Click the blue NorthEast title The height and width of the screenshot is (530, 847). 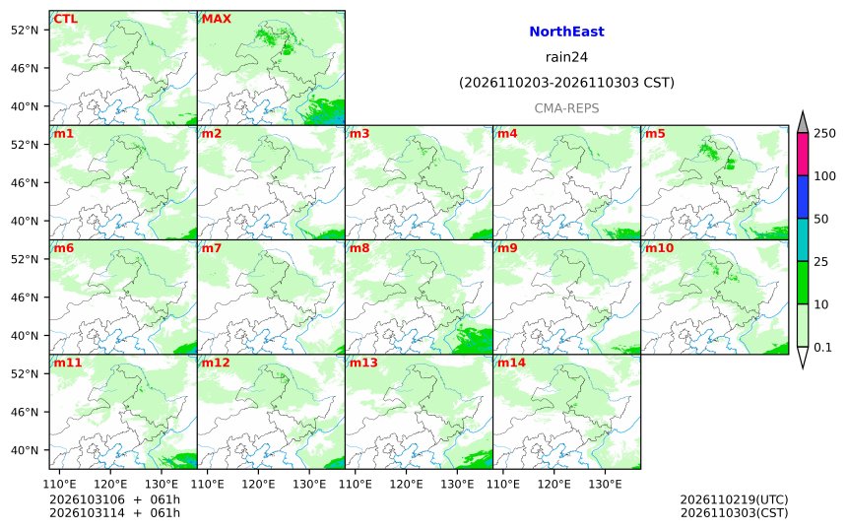(566, 32)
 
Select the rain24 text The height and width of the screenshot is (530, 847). (566, 57)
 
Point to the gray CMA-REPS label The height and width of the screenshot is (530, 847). (566, 108)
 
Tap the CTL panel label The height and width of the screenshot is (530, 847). (65, 19)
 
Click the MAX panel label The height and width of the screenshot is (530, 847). (216, 19)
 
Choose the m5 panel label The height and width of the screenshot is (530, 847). (655, 133)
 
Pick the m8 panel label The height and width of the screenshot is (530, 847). (359, 248)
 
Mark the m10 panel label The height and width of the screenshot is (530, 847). (660, 248)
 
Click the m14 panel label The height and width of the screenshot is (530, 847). (511, 363)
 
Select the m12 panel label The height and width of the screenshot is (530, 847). (216, 363)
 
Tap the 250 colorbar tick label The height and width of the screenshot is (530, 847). (825, 133)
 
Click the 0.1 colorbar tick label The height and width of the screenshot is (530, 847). (822, 348)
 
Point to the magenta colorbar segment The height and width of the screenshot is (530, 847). (803, 154)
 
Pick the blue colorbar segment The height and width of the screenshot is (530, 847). (803, 197)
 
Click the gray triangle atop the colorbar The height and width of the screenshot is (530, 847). (803, 122)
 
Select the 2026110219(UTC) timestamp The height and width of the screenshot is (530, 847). (734, 499)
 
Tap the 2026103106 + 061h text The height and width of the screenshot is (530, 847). (114, 499)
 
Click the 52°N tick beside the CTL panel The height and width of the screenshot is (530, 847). (25, 30)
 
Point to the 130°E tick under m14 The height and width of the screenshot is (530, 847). (605, 484)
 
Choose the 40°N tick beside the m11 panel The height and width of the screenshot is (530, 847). (25, 450)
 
